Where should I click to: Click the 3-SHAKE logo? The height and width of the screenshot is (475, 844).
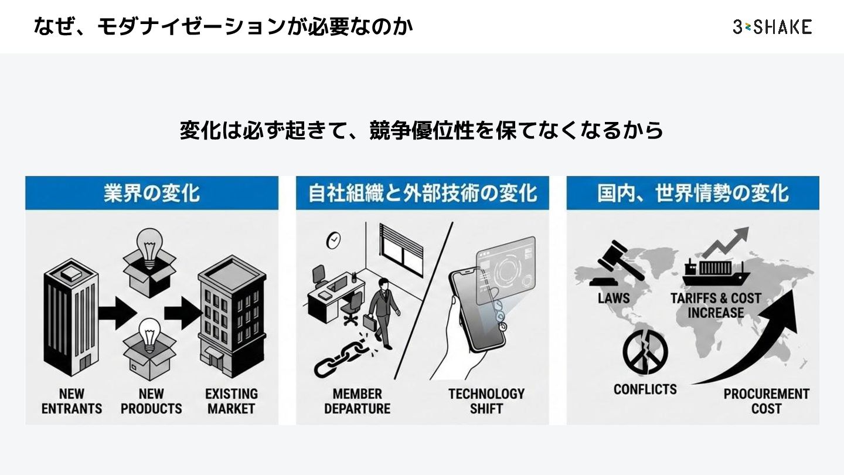tap(772, 26)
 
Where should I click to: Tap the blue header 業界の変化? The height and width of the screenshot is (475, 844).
tap(152, 193)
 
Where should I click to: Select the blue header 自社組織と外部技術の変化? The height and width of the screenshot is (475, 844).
tap(423, 193)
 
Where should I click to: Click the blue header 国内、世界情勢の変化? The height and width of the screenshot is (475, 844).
tap(693, 193)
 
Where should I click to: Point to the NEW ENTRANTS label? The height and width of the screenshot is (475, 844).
tap(72, 401)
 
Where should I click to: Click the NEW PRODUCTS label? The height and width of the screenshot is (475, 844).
tap(151, 401)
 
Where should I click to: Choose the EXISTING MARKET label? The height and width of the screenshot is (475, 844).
tap(232, 401)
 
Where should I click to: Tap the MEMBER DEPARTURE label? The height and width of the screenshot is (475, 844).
tap(357, 401)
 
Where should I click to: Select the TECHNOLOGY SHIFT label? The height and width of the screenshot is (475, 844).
tap(486, 401)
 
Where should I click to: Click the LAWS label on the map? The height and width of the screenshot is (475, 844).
tap(614, 298)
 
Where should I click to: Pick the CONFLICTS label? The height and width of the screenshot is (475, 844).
tap(645, 389)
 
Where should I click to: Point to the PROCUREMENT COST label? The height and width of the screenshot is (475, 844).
tap(766, 401)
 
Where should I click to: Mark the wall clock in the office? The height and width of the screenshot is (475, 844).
tap(333, 240)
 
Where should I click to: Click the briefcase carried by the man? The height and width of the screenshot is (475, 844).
tap(369, 321)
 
